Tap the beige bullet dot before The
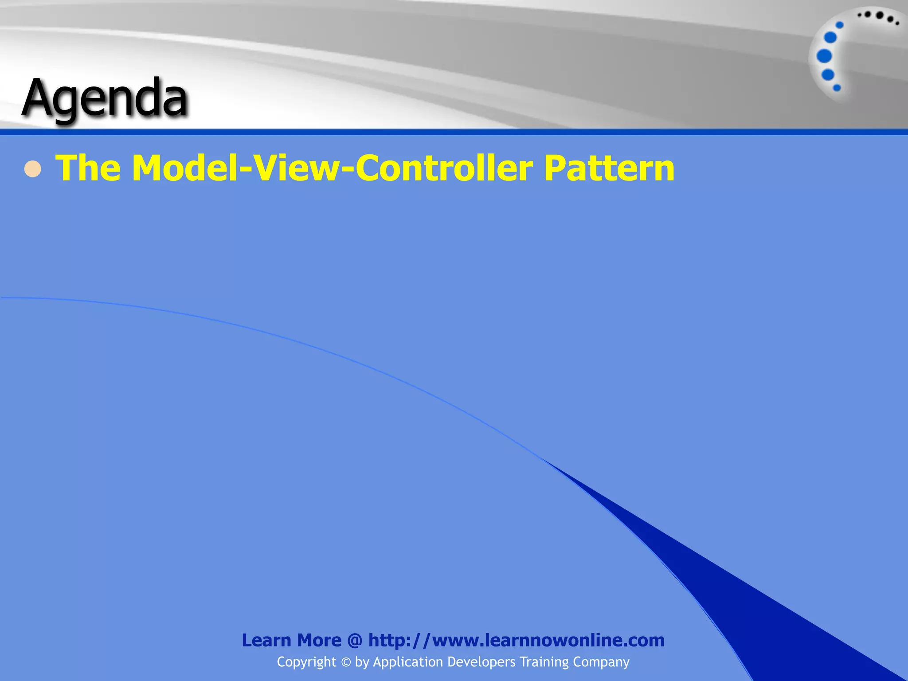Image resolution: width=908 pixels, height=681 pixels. [x=33, y=169]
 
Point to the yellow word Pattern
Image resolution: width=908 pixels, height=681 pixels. [x=609, y=168]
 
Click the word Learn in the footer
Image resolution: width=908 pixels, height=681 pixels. [x=266, y=641]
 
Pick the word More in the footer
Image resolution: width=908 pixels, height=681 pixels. [x=319, y=641]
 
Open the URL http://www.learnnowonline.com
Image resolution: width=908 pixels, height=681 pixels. [x=517, y=641]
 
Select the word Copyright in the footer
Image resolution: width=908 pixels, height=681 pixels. [x=306, y=662]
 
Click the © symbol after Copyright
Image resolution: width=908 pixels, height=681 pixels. [x=346, y=662]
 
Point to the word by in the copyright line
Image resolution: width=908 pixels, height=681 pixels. [x=362, y=662]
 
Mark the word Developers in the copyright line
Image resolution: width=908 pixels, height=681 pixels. [x=481, y=662]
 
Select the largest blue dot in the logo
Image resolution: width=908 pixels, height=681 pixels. [x=824, y=56]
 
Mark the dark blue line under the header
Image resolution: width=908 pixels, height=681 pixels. [x=454, y=132]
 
